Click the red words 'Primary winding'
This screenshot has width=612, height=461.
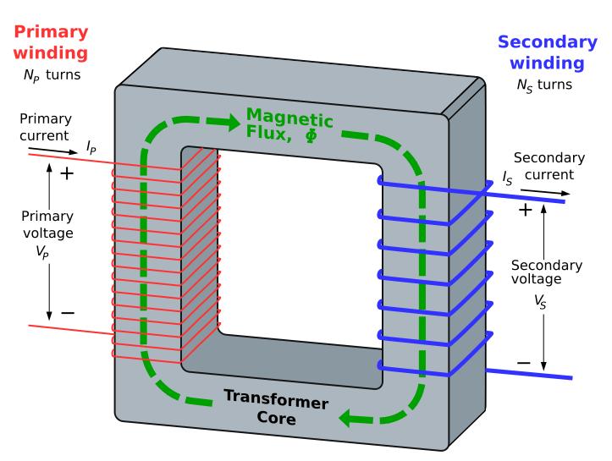tap(51, 42)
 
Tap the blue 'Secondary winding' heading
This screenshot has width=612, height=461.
tap(547, 52)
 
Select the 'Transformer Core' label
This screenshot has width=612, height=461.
tap(276, 408)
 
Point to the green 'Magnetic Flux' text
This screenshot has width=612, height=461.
tap(289, 124)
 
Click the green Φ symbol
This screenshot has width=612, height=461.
tap(312, 135)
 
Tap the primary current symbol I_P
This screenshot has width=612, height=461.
tap(91, 147)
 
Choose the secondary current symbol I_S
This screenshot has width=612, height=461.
tap(507, 178)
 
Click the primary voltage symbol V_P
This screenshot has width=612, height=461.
tap(42, 252)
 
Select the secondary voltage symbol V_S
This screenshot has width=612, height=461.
tap(540, 302)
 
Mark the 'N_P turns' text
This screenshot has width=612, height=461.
tap(52, 75)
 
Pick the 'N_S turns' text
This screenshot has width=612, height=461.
tap(544, 85)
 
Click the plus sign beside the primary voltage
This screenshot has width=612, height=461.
tap(67, 173)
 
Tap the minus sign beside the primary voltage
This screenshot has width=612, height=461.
tap(68, 313)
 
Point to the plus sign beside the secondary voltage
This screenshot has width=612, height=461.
tap(526, 210)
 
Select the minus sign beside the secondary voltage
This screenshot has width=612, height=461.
tap(524, 363)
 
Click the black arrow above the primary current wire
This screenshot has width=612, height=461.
tap(53, 151)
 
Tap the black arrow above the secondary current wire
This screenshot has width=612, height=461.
tap(545, 192)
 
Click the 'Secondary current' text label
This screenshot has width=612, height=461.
tap(549, 166)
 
